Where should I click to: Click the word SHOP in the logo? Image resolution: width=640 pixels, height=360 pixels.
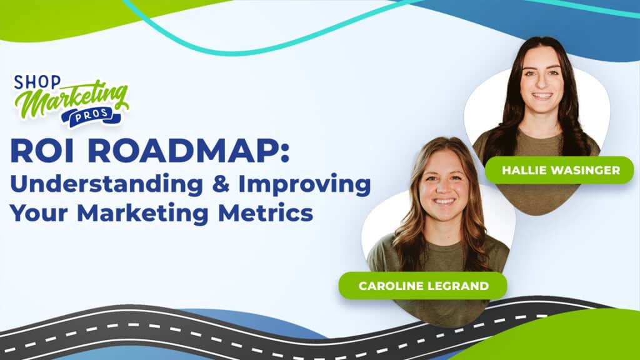pyautogui.click(x=37, y=82)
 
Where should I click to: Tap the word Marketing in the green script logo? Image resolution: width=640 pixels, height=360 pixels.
pyautogui.click(x=72, y=99)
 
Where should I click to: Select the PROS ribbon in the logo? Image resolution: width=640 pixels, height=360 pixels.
pyautogui.click(x=91, y=116)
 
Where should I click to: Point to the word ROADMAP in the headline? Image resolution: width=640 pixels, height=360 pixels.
pyautogui.click(x=183, y=151)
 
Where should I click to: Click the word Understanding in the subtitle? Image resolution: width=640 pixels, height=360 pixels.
pyautogui.click(x=106, y=185)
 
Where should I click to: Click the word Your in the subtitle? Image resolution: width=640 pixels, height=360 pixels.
pyautogui.click(x=39, y=213)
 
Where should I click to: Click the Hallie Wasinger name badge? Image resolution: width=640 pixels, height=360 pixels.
pyautogui.click(x=559, y=170)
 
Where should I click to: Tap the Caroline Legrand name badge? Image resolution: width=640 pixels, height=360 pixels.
pyautogui.click(x=423, y=286)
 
